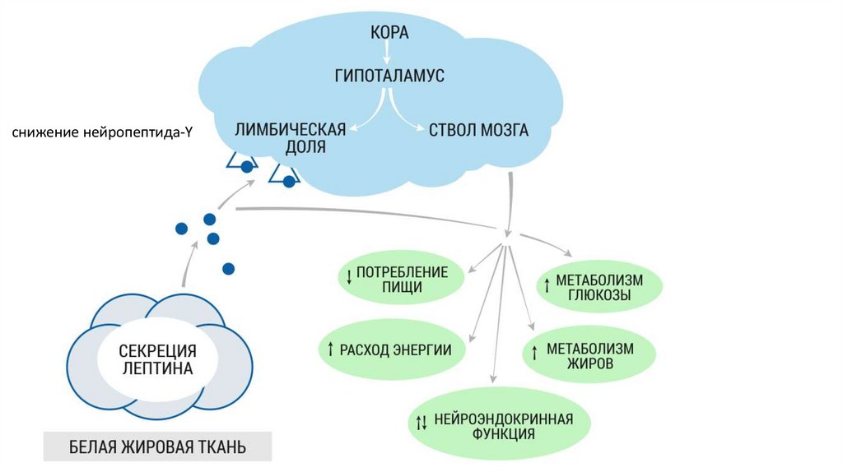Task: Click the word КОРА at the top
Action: pyautogui.click(x=389, y=34)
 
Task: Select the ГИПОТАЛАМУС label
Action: pyautogui.click(x=389, y=76)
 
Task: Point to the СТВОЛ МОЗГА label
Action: pyautogui.click(x=479, y=131)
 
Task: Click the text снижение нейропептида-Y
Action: pyautogui.click(x=101, y=132)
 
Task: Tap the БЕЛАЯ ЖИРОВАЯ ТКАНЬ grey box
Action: pyautogui.click(x=157, y=448)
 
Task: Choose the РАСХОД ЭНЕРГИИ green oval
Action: pyautogui.click(x=390, y=349)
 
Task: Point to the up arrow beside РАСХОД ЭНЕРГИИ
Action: pyautogui.click(x=329, y=349)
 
